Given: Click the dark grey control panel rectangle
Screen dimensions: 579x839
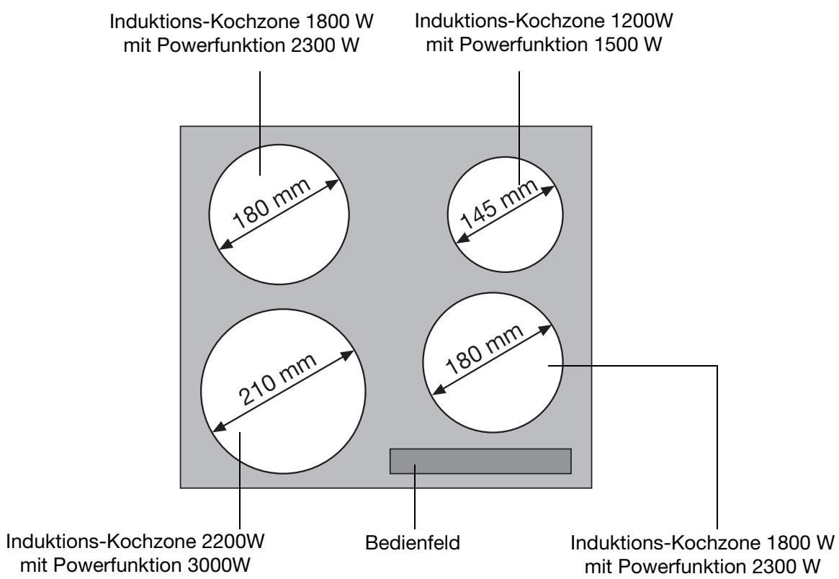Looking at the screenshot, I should pos(480,461).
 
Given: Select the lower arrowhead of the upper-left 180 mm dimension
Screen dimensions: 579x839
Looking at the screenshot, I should pos(224,244).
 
